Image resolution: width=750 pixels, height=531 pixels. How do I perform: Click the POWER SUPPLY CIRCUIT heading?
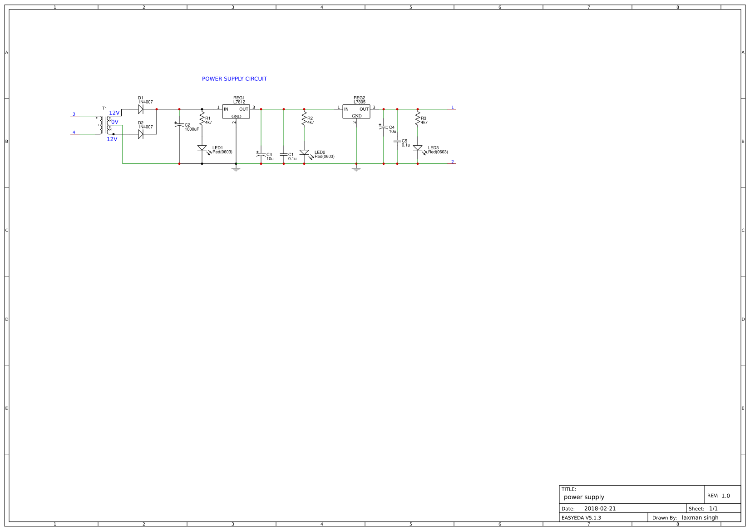pos(234,79)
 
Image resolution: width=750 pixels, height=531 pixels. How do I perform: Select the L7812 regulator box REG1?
pos(236,112)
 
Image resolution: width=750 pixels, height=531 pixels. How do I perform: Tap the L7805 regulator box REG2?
pos(356,112)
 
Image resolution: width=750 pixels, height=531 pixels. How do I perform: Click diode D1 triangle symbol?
pos(141,109)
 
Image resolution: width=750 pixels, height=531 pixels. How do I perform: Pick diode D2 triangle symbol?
pos(141,134)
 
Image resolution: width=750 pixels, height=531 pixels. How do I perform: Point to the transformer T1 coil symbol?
pos(104,125)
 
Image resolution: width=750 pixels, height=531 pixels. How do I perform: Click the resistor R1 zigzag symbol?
pos(202,119)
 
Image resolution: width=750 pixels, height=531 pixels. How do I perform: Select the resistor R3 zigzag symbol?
pos(418,119)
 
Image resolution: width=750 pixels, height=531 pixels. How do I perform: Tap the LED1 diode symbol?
pos(202,148)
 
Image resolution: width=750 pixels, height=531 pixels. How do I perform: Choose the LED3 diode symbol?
pos(418,148)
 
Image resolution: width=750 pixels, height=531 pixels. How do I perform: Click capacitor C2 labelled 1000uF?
pos(179,125)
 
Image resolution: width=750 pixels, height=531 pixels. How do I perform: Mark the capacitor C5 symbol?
pos(397,141)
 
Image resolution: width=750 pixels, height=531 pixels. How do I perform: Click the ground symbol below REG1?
pos(236,169)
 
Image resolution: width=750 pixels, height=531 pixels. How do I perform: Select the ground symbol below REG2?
pos(356,169)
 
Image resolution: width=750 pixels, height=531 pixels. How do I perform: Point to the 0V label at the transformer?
pos(114,122)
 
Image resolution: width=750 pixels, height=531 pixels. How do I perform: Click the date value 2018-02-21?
pos(600,509)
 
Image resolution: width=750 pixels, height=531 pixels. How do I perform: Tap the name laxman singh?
pos(700,518)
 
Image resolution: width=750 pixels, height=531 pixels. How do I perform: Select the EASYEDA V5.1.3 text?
pos(581,518)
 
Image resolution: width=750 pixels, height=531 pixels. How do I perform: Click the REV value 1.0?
pos(725,496)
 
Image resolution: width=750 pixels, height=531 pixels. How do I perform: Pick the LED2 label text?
pos(320,152)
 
